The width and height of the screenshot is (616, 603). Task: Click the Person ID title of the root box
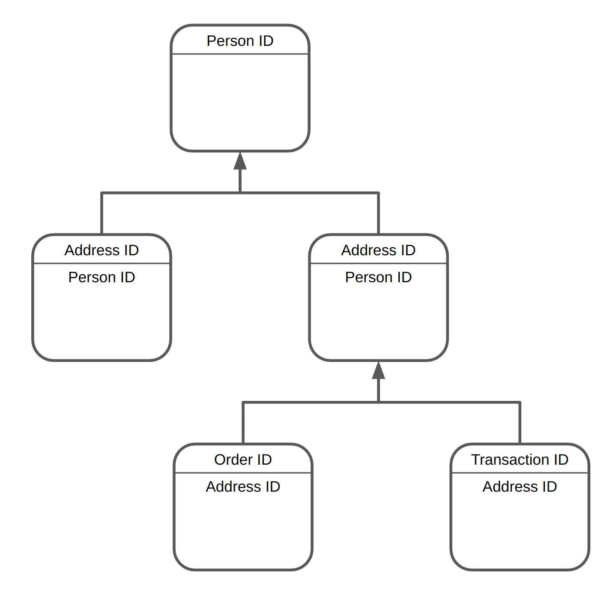point(240,41)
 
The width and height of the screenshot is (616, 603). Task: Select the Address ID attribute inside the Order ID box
point(243,487)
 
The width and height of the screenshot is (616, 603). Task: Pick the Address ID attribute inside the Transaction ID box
point(520,487)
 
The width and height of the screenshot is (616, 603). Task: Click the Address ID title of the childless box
point(102,250)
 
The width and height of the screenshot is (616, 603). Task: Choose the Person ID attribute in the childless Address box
point(102,277)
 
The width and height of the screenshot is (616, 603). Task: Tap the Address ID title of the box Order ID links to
point(378,250)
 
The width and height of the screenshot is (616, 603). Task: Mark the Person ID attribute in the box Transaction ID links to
point(378,277)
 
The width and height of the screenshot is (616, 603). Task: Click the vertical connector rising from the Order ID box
point(243,423)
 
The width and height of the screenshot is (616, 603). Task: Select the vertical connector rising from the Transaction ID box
point(520,423)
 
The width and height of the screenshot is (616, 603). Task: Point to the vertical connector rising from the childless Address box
point(102,213)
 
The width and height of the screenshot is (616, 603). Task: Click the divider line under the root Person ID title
point(240,54)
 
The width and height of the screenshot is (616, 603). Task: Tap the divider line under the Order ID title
point(243,473)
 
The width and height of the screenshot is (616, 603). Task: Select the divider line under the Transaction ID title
point(520,473)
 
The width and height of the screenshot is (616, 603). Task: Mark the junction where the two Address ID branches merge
point(240,193)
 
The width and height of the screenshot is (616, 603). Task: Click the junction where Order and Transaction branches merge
point(378,402)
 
